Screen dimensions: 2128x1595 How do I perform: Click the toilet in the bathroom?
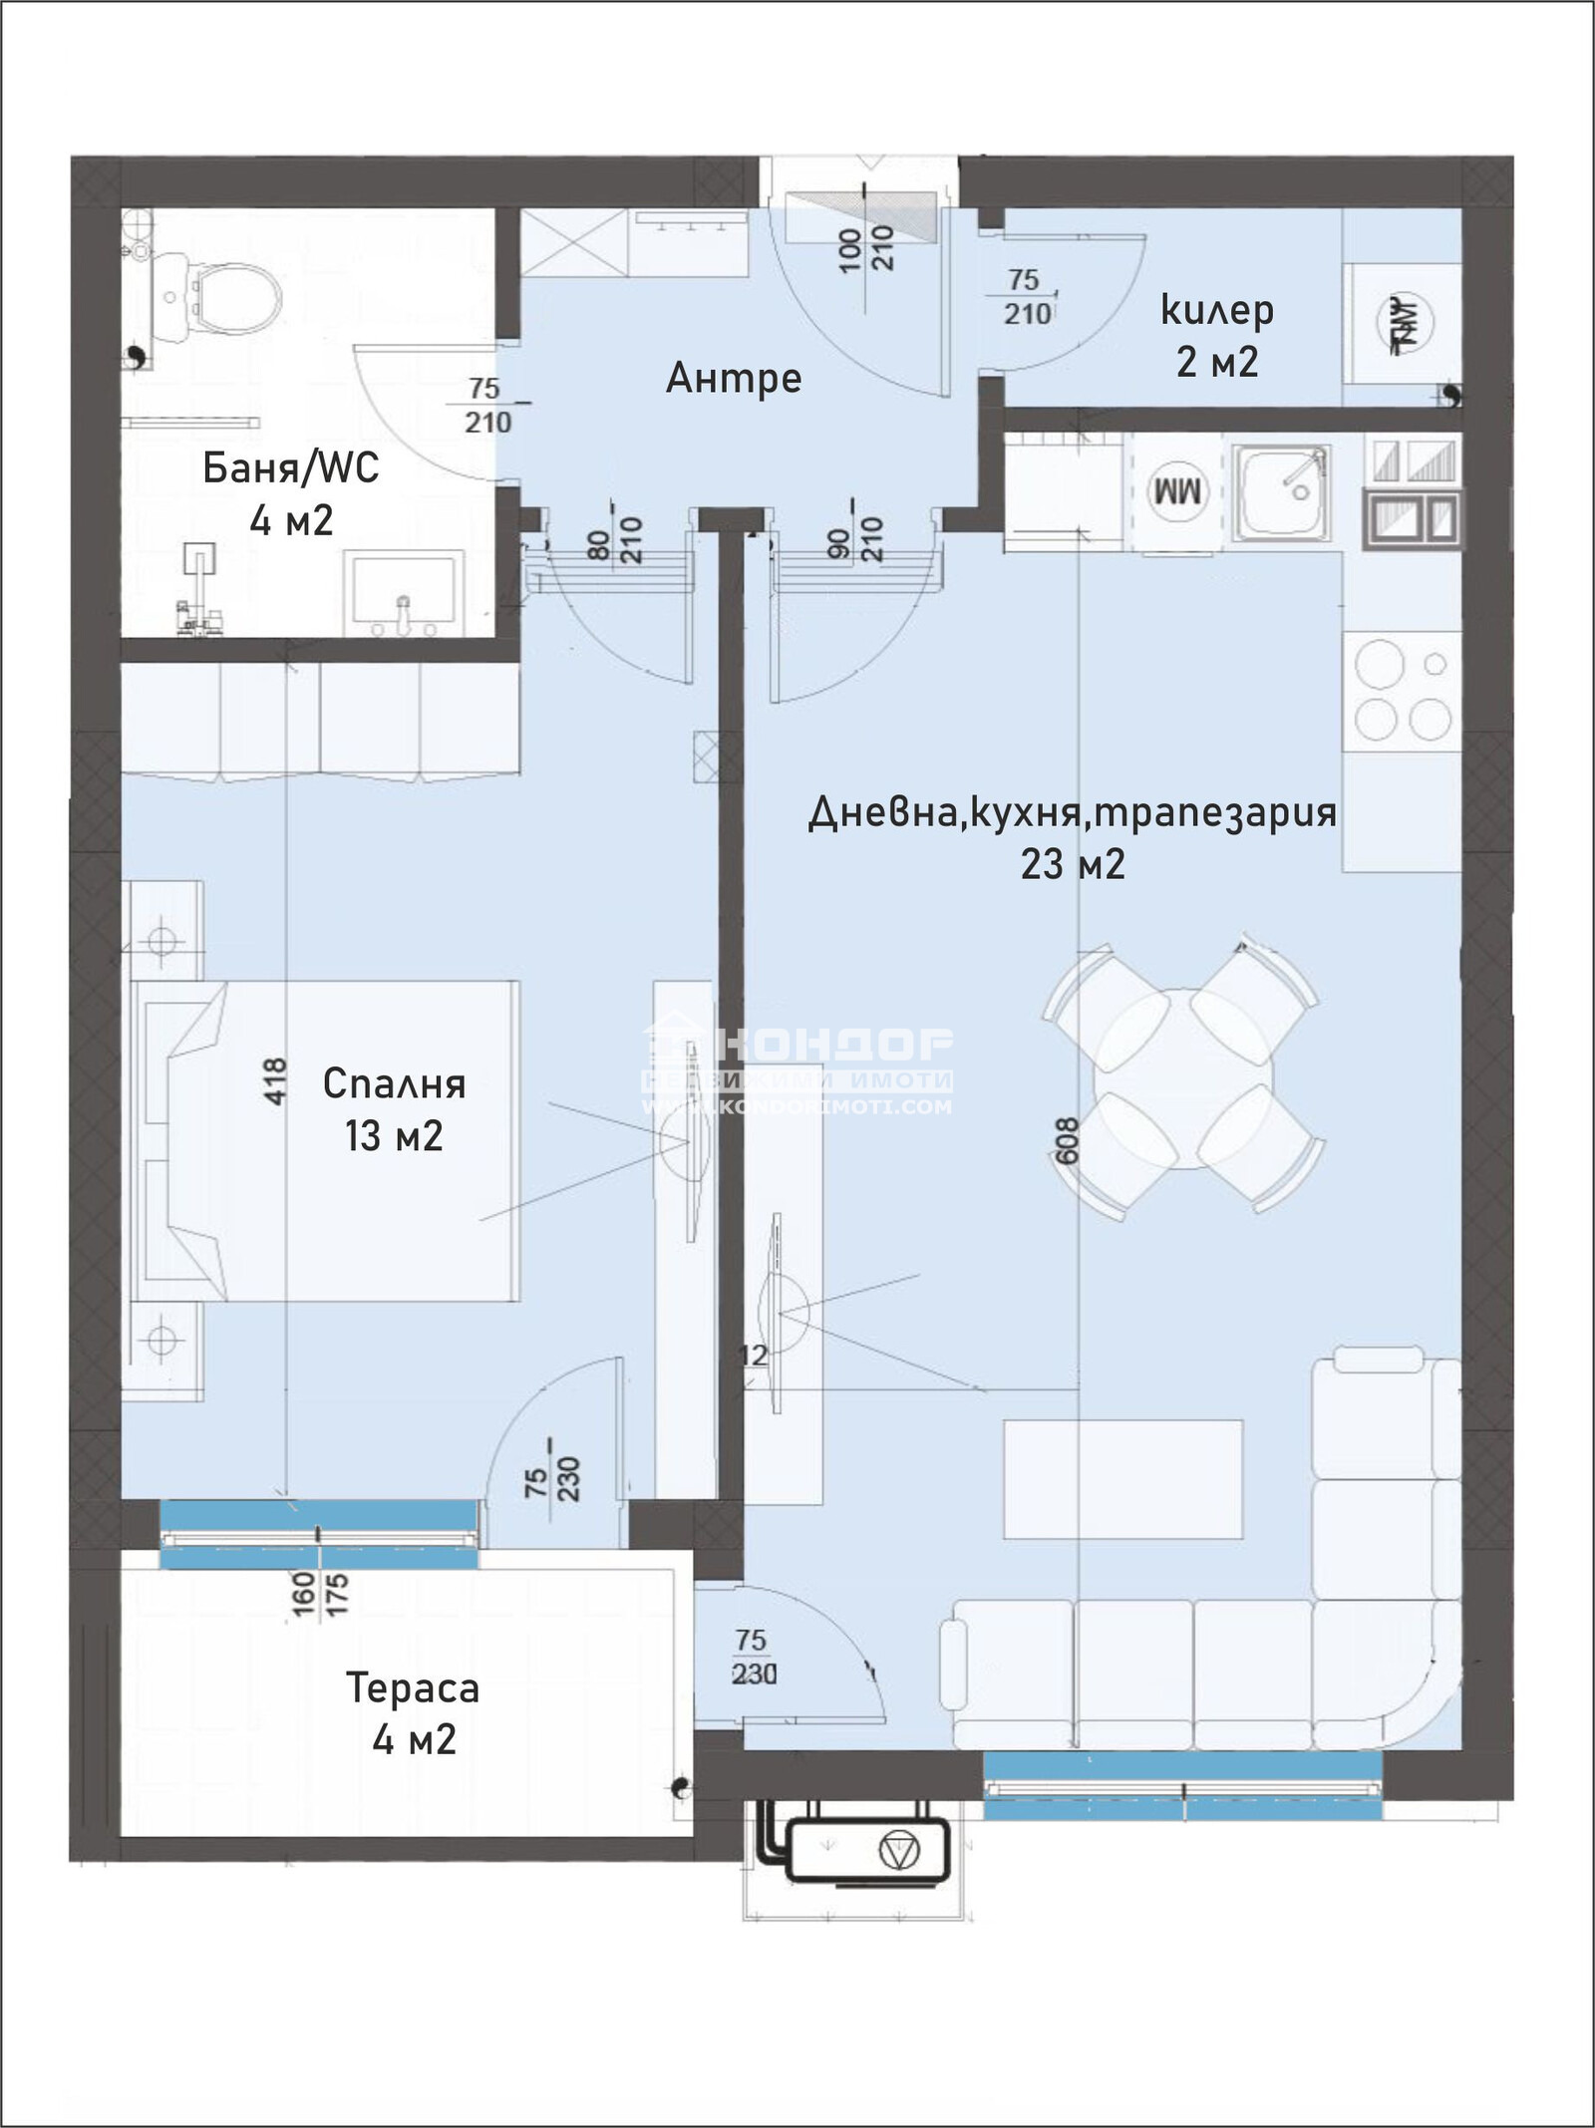(x=231, y=295)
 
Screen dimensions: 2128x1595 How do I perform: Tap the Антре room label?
(x=734, y=378)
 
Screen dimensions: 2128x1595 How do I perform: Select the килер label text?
(x=1217, y=310)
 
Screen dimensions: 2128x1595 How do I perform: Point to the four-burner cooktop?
(x=1402, y=691)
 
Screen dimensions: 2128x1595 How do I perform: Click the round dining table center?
(x=1182, y=1078)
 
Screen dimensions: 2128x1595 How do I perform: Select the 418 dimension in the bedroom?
(x=275, y=1080)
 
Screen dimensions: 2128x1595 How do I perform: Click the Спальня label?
(x=394, y=1083)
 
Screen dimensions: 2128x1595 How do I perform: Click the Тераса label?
(x=413, y=1687)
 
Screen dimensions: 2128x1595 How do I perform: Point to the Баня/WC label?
(x=290, y=467)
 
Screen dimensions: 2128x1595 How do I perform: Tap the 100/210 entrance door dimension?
(x=866, y=249)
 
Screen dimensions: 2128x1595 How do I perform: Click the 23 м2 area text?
(x=1073, y=863)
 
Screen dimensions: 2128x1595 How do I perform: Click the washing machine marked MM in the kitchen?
(x=1180, y=492)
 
